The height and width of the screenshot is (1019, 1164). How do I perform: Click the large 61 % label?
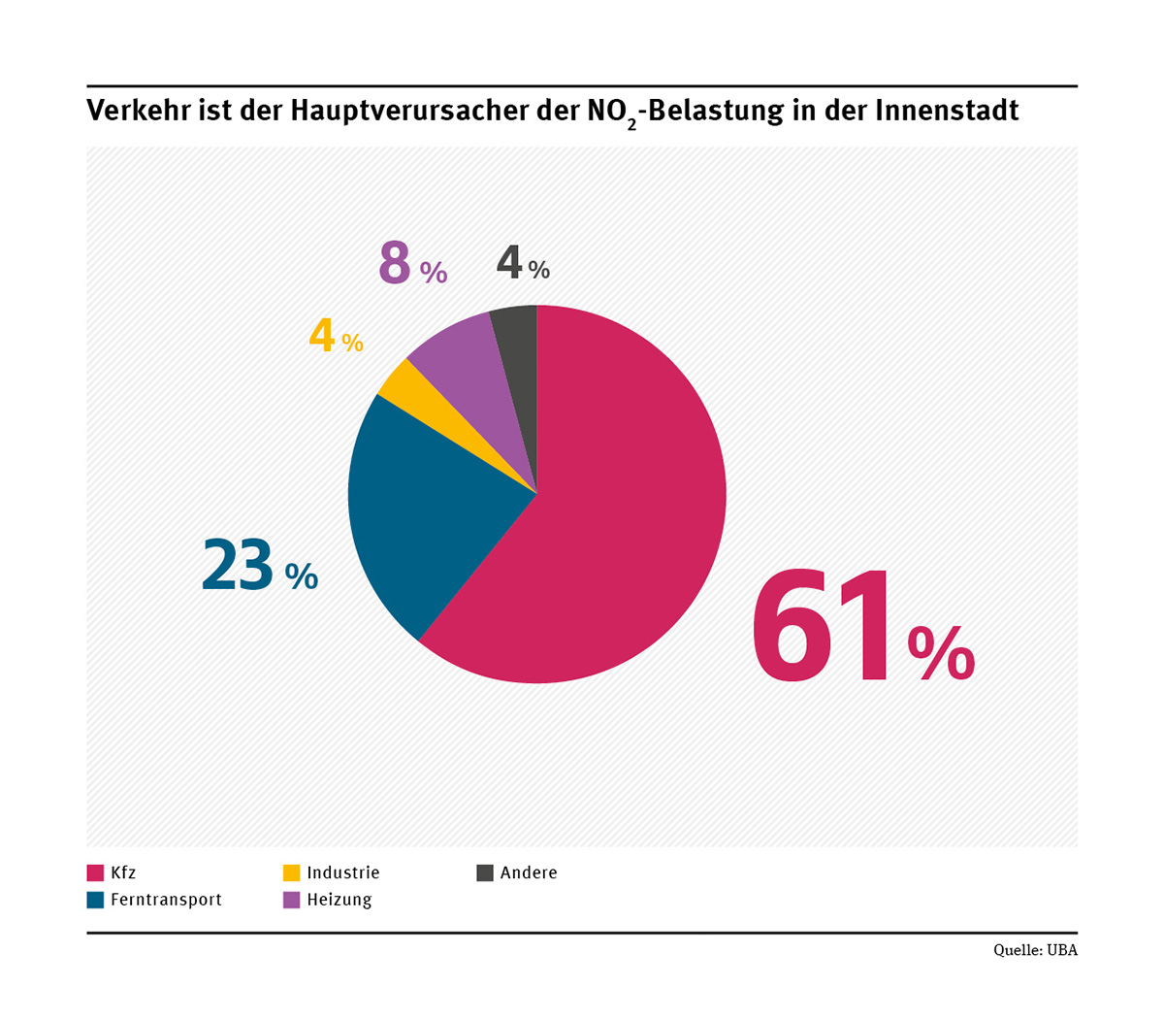861,629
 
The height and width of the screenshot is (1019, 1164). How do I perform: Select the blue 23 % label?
259,567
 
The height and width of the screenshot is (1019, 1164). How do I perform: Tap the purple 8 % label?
412,263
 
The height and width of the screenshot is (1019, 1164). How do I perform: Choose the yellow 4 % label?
336,338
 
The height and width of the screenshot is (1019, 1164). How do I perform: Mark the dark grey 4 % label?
523,264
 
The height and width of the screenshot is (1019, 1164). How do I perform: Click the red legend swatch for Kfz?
95,872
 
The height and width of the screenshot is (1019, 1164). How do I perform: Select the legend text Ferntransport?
166,900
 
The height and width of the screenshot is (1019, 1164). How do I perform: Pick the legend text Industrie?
342,872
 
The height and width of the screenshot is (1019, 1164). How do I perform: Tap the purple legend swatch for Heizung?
291,900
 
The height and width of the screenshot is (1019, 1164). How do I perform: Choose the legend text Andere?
529,872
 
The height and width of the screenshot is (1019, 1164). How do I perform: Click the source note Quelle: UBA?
1035,950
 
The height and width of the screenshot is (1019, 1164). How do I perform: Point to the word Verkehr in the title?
136,111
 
